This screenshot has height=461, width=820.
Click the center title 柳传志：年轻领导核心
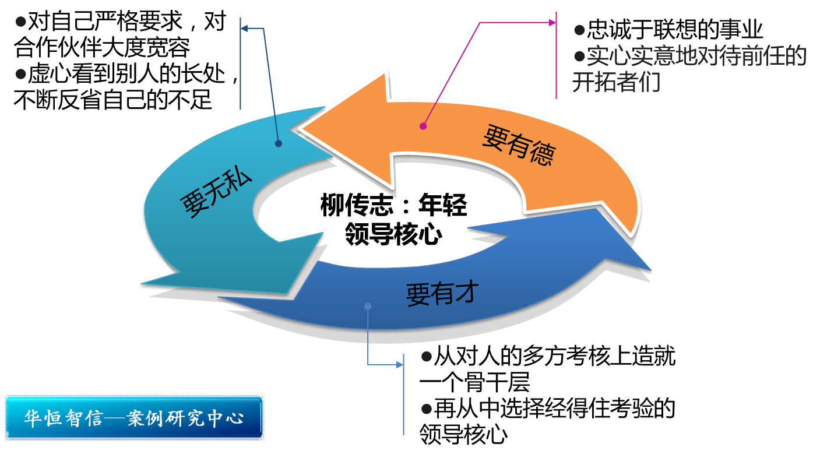coord(393,220)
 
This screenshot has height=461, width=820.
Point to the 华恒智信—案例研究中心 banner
coord(134,418)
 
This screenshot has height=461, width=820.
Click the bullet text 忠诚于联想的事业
coord(668,30)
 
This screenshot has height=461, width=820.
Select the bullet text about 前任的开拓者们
coord(689,69)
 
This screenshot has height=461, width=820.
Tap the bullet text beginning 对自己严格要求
coord(120,36)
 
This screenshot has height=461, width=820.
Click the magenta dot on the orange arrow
coord(424,125)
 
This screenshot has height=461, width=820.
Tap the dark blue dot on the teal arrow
coord(278,143)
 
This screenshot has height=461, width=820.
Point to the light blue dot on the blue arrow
coord(367,306)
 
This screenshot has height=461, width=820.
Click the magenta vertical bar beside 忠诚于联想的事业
coord(557,55)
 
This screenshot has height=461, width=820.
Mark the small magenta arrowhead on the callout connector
coord(552,23)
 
